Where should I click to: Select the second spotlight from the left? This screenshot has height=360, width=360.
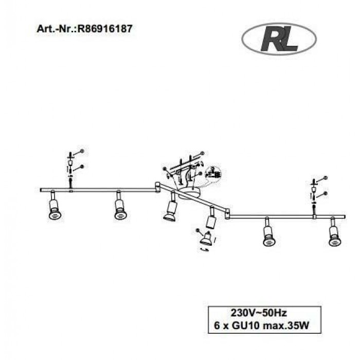point(120,209)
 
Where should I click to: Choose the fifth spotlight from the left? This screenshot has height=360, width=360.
point(267,235)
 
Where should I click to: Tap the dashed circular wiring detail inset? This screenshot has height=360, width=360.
point(212,174)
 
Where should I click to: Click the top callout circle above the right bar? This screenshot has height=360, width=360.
point(325,177)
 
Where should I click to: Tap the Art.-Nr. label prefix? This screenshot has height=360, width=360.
point(56,29)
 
